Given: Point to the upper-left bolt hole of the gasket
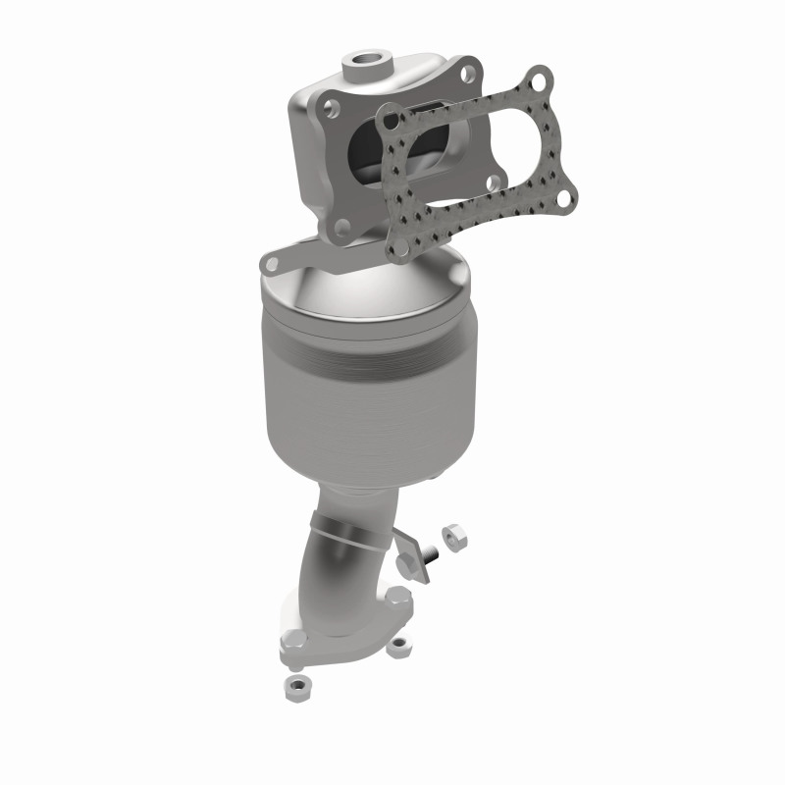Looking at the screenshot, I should tap(392, 122).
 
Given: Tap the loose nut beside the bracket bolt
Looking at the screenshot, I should tap(453, 535).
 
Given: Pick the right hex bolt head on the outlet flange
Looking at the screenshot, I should tap(395, 596).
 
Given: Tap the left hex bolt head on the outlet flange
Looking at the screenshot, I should tap(294, 643).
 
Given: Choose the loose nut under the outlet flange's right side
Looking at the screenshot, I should tap(397, 647).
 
